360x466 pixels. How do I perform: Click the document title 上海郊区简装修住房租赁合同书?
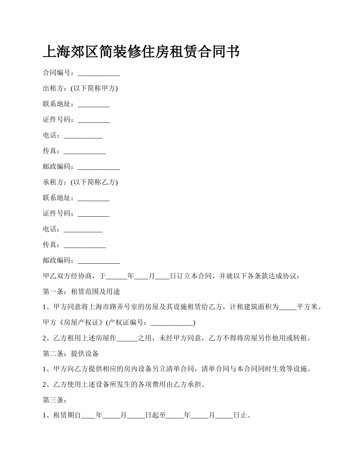[x=141, y=52]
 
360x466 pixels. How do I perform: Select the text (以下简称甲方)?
[x=94, y=89]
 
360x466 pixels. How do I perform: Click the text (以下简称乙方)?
[x=94, y=183]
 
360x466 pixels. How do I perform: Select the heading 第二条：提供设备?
[x=71, y=354]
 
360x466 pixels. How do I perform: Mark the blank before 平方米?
[x=288, y=307]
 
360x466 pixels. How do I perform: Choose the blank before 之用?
[x=127, y=338]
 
